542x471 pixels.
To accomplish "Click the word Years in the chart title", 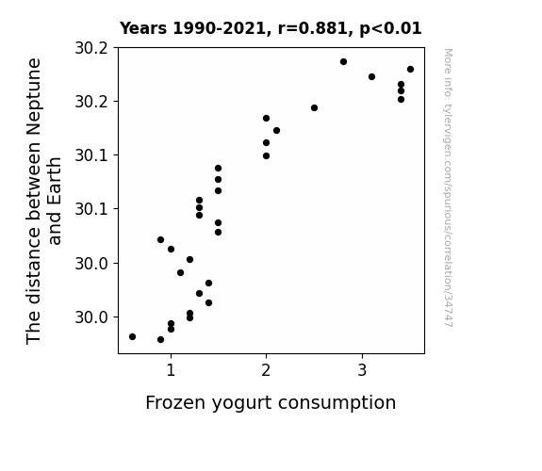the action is click(143, 28).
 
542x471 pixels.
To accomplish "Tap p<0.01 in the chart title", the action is click(390, 29).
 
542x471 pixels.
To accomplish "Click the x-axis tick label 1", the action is click(171, 370).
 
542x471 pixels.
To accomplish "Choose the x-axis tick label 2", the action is click(266, 370).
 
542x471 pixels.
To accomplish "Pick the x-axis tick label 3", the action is click(362, 370).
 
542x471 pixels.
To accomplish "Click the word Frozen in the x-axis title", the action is click(175, 402).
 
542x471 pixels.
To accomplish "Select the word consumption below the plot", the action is click(337, 404).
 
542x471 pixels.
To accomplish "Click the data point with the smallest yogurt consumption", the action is click(132, 336).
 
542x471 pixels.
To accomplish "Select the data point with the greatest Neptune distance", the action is click(343, 62).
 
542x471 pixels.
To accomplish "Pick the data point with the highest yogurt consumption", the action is click(410, 70).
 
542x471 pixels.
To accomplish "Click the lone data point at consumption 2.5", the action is click(314, 107).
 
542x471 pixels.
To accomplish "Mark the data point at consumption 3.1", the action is click(371, 76).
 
